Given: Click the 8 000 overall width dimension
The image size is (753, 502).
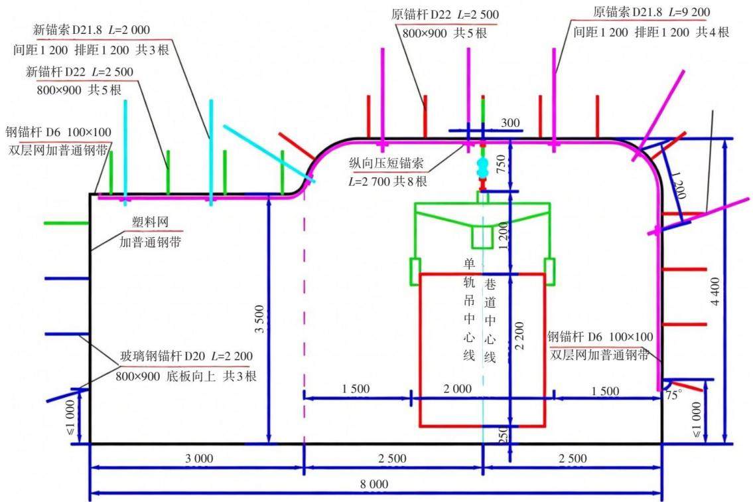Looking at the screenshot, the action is coord(374,484).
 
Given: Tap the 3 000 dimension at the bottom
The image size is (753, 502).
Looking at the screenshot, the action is coord(199,458).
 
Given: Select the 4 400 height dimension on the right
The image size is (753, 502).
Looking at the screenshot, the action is coord(716,292).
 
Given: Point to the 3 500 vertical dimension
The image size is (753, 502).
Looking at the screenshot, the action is coord(259,319).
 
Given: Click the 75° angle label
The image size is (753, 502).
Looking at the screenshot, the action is coord(673,395).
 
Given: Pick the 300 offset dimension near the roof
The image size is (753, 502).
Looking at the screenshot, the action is coord(510,123).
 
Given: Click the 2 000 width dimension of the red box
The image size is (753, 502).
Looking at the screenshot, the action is coord(457,388).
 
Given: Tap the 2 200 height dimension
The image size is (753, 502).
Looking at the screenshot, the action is coord(519,335).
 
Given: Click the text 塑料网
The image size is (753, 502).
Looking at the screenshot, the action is coord(151,222).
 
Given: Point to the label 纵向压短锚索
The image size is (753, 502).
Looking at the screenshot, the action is coord(386,163).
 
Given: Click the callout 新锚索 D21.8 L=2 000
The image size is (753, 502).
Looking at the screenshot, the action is coord(92,30).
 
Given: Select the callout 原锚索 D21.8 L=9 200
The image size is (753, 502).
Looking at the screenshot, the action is coord(651,12).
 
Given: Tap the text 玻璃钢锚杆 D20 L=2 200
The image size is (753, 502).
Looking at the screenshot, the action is coord(186,357).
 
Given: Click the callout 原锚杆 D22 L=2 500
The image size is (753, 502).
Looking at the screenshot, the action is coord(445,15).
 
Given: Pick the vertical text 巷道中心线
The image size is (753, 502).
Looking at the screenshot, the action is coord(490,321).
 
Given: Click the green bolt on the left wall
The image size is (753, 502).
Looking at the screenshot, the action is coord(66,223).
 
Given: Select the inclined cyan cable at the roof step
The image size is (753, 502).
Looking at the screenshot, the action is coord(269,153).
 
